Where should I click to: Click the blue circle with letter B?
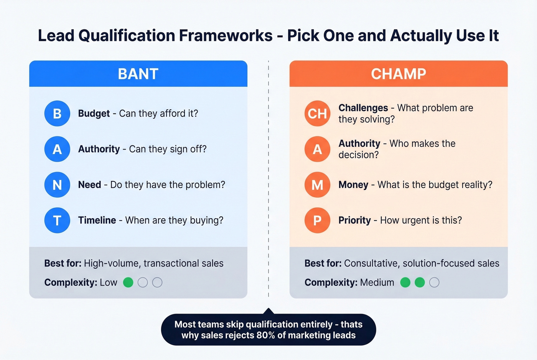click(57, 113)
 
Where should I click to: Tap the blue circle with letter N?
click(57, 185)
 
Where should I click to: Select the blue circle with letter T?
click(57, 220)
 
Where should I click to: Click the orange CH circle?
click(317, 113)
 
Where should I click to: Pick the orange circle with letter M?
click(317, 185)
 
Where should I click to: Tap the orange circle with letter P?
click(317, 220)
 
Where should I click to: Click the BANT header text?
click(138, 74)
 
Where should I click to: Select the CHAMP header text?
click(398, 74)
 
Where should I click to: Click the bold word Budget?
click(94, 113)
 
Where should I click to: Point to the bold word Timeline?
click(97, 220)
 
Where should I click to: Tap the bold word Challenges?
click(363, 108)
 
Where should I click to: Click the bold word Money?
click(353, 185)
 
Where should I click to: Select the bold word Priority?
click(354, 220)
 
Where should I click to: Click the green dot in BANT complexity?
click(128, 283)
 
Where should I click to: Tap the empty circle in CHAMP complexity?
click(434, 283)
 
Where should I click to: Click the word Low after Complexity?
click(109, 283)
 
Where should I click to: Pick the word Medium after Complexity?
click(377, 283)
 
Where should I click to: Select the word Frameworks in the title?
click(226, 36)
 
